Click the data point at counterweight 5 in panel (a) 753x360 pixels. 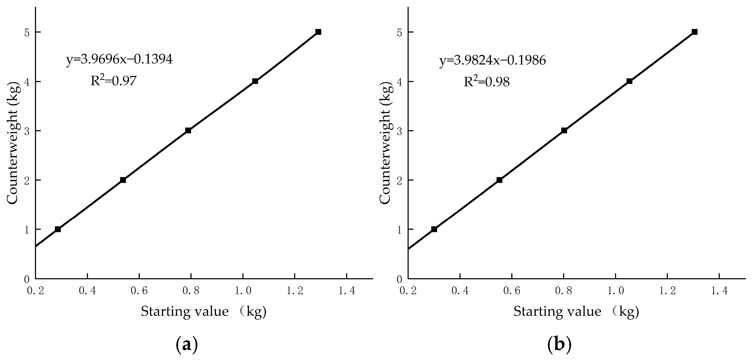coord(318,32)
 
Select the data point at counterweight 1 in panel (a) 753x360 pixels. coord(58,229)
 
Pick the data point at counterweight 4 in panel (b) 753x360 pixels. coord(629,81)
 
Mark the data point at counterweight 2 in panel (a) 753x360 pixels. coord(123,180)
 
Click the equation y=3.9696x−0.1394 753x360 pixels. coord(119,59)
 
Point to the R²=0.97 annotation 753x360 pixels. coord(113,80)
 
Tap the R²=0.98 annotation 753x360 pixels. coord(487,81)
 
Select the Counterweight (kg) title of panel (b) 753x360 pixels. coord(385,143)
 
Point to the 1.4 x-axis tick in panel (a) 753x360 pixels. coord(347,291)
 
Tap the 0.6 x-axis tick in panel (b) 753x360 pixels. coord(512,291)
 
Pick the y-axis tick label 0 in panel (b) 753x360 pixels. coord(399,280)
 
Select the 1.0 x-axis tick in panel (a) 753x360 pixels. coord(243,291)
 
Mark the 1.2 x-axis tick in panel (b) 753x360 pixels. coord(667,291)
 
